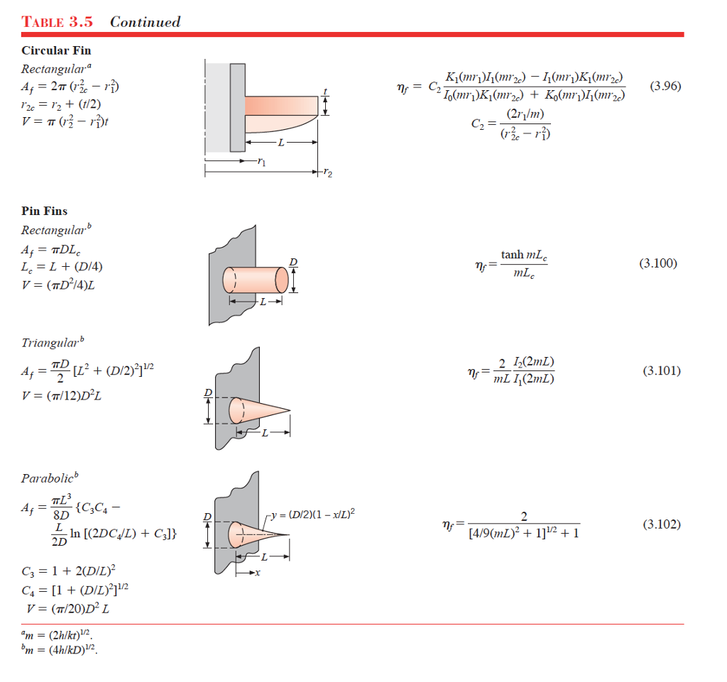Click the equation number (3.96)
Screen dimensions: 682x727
[x=665, y=87]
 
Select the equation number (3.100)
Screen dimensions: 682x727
[x=658, y=263]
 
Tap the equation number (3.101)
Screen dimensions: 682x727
[x=661, y=370]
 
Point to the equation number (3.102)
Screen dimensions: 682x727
[x=661, y=524]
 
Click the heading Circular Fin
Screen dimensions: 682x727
[x=56, y=50]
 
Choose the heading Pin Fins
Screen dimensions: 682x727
[x=45, y=211]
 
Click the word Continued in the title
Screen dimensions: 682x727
[x=146, y=21]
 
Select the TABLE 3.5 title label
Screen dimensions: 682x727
[x=58, y=21]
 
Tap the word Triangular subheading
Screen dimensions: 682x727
[x=49, y=343]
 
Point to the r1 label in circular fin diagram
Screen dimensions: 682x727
[x=262, y=163]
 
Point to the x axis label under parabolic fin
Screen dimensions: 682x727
[x=258, y=572]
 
